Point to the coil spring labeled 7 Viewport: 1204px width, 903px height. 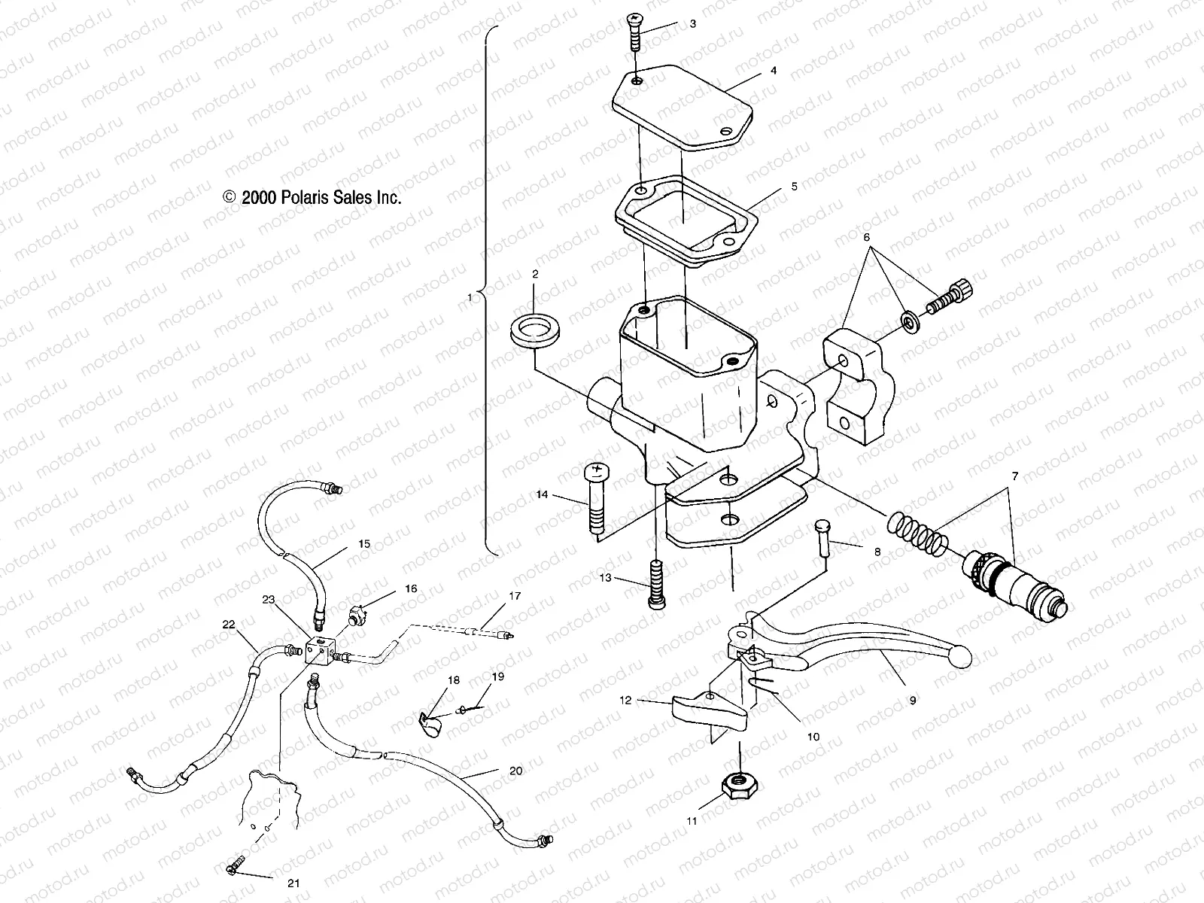point(920,533)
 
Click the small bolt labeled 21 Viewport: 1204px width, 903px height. point(235,870)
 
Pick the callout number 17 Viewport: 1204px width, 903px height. point(514,596)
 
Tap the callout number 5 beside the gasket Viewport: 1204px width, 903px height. point(794,186)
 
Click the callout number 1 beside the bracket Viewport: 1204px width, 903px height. point(470,297)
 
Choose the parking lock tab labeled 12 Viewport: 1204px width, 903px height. point(707,709)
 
